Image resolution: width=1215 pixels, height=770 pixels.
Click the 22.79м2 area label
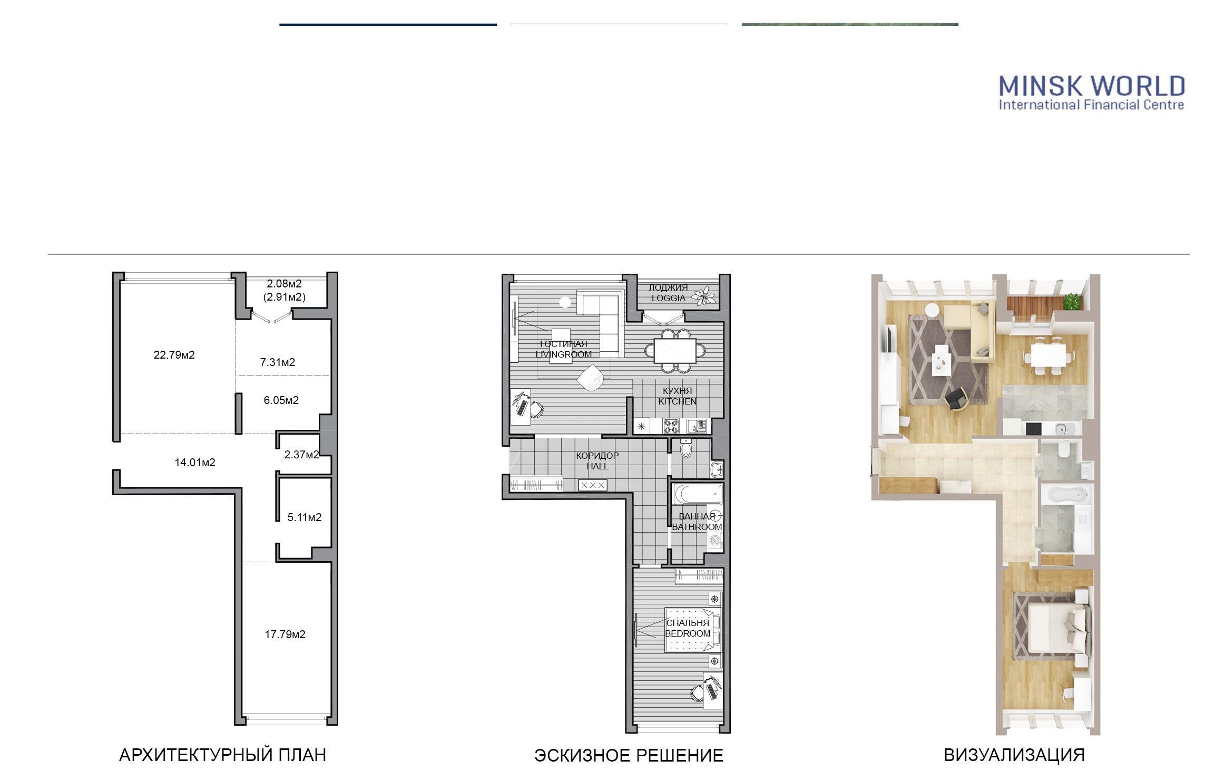coord(174,355)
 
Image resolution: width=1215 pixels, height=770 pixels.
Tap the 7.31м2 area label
coord(278,362)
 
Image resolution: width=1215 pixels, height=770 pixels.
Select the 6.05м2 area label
coord(281,400)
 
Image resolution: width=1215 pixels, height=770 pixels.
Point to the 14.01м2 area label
coord(195,463)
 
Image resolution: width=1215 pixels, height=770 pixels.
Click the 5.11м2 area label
coord(304,517)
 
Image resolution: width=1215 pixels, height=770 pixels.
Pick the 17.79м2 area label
coord(285,634)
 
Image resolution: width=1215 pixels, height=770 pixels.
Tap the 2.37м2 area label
coord(301,455)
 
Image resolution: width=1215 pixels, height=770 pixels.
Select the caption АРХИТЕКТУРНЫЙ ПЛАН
coord(223,755)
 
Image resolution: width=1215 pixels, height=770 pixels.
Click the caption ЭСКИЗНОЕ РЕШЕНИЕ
coord(629,756)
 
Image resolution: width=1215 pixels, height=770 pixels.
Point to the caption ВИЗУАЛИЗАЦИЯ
coord(1014,755)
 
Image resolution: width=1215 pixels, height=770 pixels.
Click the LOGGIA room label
coord(669,298)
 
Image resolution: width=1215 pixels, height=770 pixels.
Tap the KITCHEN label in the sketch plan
coord(678,401)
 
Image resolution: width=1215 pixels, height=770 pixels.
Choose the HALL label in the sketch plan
coord(597,466)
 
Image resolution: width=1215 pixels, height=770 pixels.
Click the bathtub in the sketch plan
coord(697,495)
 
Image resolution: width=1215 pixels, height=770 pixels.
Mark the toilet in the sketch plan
coord(686,448)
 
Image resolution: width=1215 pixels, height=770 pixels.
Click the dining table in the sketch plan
coord(675,350)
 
